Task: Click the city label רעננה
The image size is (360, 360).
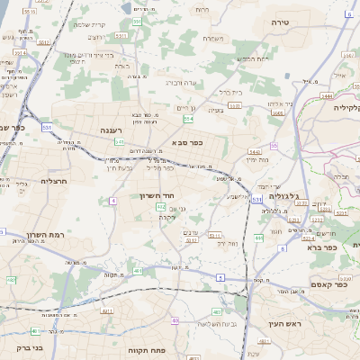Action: click(111, 130)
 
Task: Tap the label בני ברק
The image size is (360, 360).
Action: click(17, 346)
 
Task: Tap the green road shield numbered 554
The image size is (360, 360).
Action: click(188, 119)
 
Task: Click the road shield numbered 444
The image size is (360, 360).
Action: click(257, 238)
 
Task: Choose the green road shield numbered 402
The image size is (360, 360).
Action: click(161, 208)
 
